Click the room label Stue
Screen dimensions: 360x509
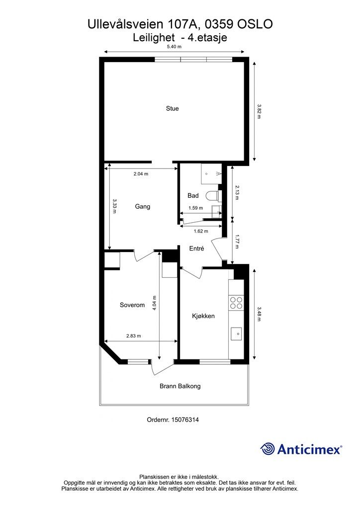pos(173,108)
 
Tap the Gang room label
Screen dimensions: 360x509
pos(143,206)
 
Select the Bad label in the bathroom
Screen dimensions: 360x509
pos(193,195)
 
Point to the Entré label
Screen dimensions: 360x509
pos(197,249)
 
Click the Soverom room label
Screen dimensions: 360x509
pos(132,305)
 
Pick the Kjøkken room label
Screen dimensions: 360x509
pos(203,316)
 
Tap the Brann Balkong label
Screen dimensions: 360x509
pos(180,386)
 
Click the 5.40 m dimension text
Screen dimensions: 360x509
pos(174,46)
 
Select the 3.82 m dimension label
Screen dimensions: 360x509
pos(259,111)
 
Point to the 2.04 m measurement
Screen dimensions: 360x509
pos(141,173)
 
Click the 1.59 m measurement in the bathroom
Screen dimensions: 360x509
pos(196,208)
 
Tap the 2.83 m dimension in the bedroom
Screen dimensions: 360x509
pos(133,336)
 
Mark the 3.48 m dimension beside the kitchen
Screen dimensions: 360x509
pos(259,314)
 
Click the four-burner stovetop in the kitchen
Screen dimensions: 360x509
pos(236,303)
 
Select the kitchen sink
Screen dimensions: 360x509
pos(236,334)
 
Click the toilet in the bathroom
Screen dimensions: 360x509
pos(214,196)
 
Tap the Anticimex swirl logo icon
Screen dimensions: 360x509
pos(268,449)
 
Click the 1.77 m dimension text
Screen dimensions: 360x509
pos(237,242)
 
